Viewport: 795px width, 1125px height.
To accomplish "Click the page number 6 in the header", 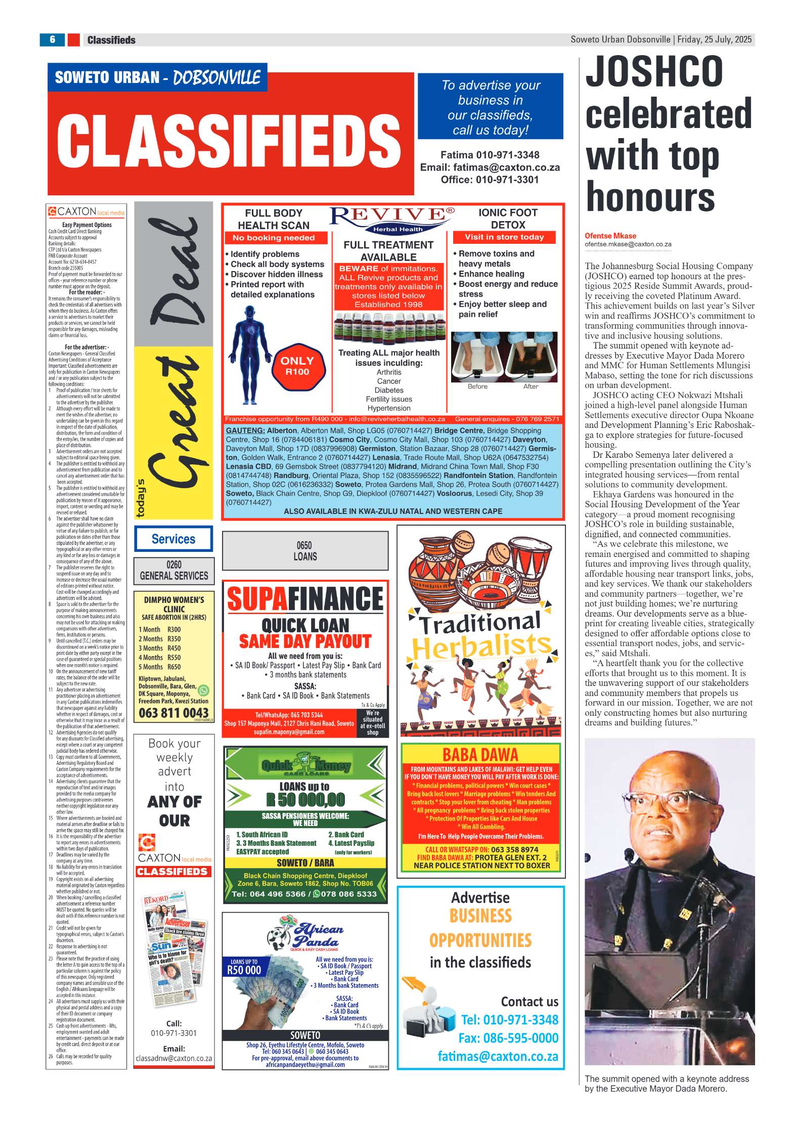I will click(53, 39).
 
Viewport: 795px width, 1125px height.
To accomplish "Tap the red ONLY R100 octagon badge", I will click(297, 366).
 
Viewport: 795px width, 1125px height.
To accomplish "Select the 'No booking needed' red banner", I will click(274, 238).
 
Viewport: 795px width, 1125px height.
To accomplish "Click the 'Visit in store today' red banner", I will click(504, 237).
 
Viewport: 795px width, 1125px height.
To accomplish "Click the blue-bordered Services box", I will click(173, 539).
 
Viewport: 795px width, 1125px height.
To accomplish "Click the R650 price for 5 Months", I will click(174, 667).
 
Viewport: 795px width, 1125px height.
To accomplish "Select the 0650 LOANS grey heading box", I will click(305, 551).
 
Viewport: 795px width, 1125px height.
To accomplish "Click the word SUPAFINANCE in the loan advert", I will click(305, 599).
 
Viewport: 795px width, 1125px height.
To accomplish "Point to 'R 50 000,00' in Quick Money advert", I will click(305, 799).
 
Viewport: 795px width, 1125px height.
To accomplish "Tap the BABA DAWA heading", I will click(480, 755).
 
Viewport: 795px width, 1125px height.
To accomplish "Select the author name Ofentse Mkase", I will click(610, 236).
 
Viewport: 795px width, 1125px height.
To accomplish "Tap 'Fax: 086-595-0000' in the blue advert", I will click(508, 1038).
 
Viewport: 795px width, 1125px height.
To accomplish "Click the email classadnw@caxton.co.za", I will click(174, 1058).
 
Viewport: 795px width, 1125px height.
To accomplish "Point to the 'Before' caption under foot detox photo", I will click(477, 386).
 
